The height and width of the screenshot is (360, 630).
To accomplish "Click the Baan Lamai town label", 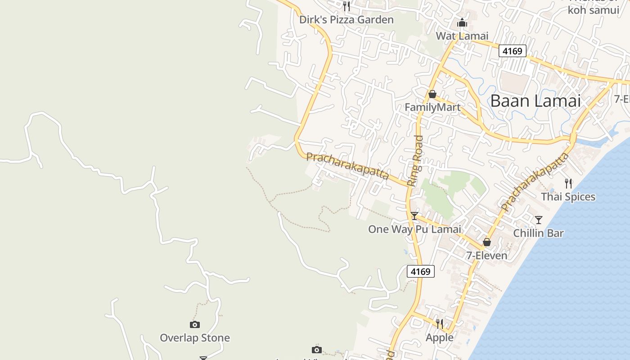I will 535,101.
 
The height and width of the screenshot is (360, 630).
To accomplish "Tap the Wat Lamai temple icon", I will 462,22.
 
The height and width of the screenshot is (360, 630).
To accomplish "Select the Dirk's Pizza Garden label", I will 346,20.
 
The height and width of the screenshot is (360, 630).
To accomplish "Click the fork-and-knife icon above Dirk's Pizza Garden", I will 346,6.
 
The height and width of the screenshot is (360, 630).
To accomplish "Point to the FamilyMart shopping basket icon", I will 432,94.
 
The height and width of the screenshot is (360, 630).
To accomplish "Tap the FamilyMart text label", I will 432,107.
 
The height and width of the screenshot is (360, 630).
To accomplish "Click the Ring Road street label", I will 415,161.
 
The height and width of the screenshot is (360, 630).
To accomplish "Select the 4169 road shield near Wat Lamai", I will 513,51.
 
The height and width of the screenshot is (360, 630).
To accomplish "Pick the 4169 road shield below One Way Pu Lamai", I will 421,271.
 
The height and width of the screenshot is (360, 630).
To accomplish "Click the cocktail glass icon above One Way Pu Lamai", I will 414,216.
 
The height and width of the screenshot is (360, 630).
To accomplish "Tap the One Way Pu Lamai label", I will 414,229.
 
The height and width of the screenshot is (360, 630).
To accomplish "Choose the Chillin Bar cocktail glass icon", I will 538,220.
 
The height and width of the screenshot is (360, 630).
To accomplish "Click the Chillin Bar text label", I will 538,233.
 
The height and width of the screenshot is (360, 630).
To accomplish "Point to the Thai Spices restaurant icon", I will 568,183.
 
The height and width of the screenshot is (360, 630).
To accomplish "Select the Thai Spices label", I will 568,197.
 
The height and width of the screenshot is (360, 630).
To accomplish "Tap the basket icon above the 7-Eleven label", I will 486,243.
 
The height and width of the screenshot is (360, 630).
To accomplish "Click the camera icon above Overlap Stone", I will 195,324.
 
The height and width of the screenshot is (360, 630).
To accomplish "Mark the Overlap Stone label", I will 195,337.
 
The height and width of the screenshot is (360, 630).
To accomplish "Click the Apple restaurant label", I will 440,337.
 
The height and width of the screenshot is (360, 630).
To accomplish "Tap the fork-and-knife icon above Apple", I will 440,324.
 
